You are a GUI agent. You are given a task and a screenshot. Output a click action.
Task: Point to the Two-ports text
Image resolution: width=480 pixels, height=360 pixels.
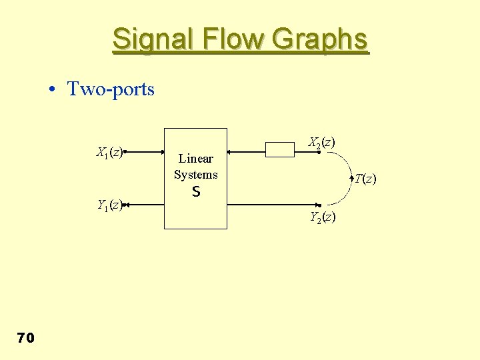pos(111,89)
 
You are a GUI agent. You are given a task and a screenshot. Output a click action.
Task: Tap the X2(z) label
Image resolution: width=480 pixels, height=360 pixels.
pos(321,142)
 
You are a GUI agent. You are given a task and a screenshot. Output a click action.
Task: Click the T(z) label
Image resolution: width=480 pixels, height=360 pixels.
pos(365,179)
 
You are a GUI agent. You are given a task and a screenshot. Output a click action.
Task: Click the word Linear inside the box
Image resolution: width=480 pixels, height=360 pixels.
pos(196,159)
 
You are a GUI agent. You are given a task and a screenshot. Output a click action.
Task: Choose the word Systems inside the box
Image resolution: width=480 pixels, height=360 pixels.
pos(196,175)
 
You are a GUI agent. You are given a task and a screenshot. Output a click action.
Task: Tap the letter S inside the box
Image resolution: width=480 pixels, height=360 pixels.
pos(196,192)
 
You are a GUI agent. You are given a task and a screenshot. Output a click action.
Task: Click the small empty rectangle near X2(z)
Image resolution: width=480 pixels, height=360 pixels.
pos(280,150)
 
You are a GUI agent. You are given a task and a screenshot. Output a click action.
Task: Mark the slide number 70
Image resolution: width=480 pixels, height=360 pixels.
pos(25,339)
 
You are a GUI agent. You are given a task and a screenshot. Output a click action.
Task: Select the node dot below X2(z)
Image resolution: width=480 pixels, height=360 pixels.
pos(319,153)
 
